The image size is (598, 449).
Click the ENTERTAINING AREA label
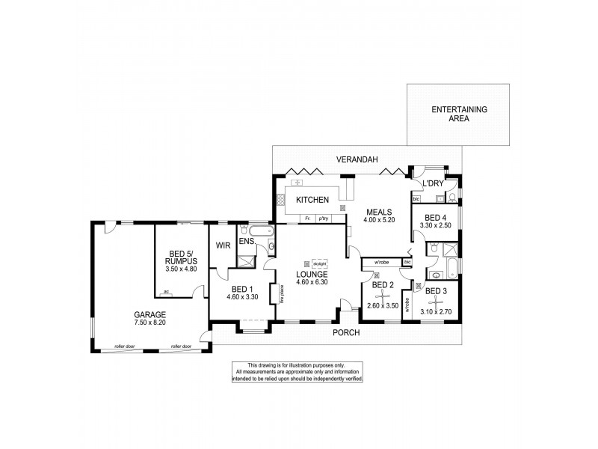point(459,114)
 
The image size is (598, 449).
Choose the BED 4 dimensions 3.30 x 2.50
point(436,224)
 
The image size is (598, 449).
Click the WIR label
point(222,245)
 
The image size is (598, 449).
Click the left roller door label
point(123,346)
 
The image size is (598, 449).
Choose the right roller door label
point(180,346)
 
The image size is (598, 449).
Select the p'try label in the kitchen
point(324,219)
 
